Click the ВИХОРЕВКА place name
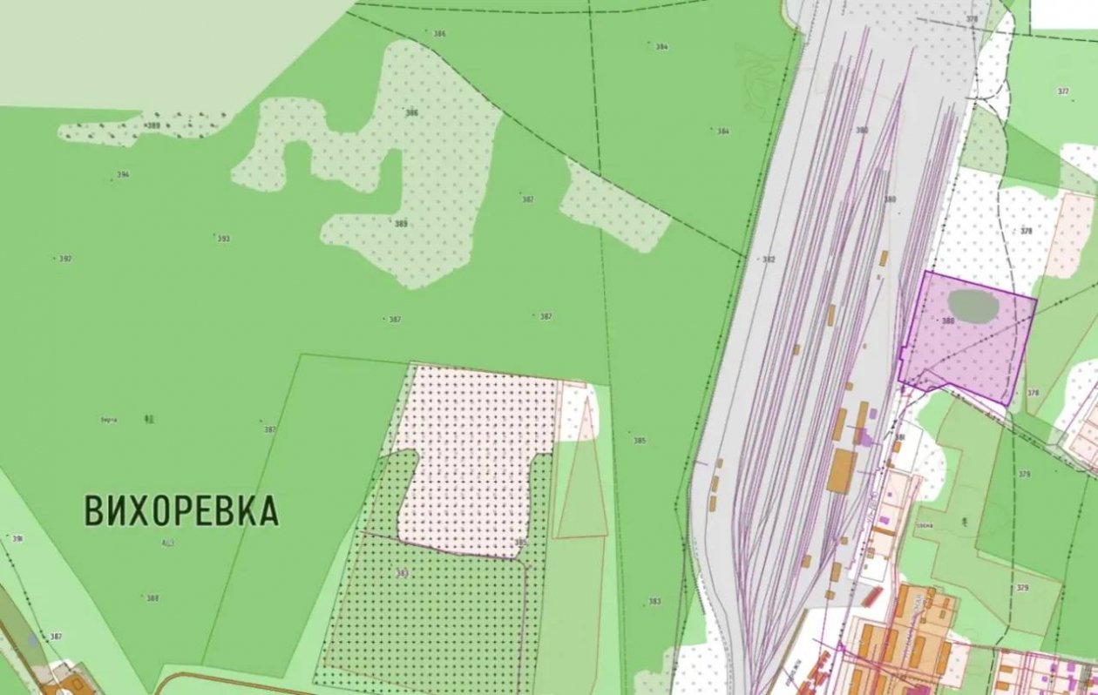click(181, 510)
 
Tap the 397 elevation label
click(64, 259)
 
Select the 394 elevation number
click(123, 175)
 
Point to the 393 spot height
click(223, 239)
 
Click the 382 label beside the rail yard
click(768, 260)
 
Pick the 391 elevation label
click(17, 539)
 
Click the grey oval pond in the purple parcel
click(973, 305)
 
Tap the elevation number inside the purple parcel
click(948, 321)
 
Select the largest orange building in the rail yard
click(842, 470)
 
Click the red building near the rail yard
click(871, 597)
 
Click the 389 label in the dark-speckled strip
click(153, 126)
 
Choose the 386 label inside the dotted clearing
click(411, 113)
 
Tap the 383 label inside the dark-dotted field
click(402, 573)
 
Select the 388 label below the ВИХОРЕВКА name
click(152, 598)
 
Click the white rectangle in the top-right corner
click(1063, 14)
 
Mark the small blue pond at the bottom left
click(32, 640)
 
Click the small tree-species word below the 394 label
click(109, 420)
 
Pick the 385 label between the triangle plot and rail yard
click(640, 441)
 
